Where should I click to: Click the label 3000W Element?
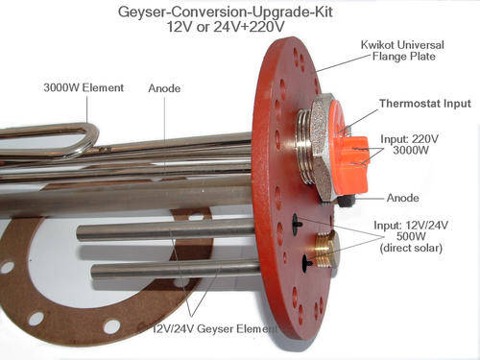coord(84,88)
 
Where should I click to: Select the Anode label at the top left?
coord(164,89)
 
